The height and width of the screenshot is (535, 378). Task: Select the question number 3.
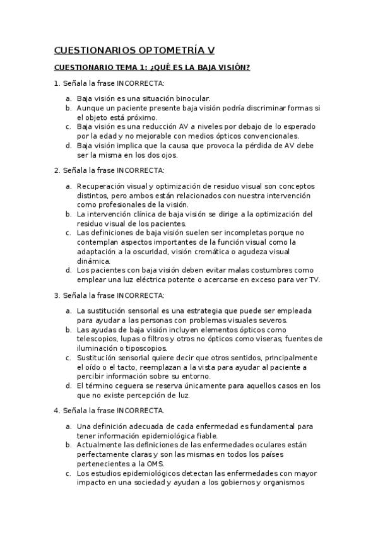(x=56, y=295)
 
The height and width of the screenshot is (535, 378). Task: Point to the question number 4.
(x=56, y=410)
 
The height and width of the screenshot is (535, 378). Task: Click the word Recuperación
(x=103, y=186)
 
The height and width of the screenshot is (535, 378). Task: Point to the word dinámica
(x=93, y=261)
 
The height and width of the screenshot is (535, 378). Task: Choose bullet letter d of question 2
(x=68, y=270)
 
